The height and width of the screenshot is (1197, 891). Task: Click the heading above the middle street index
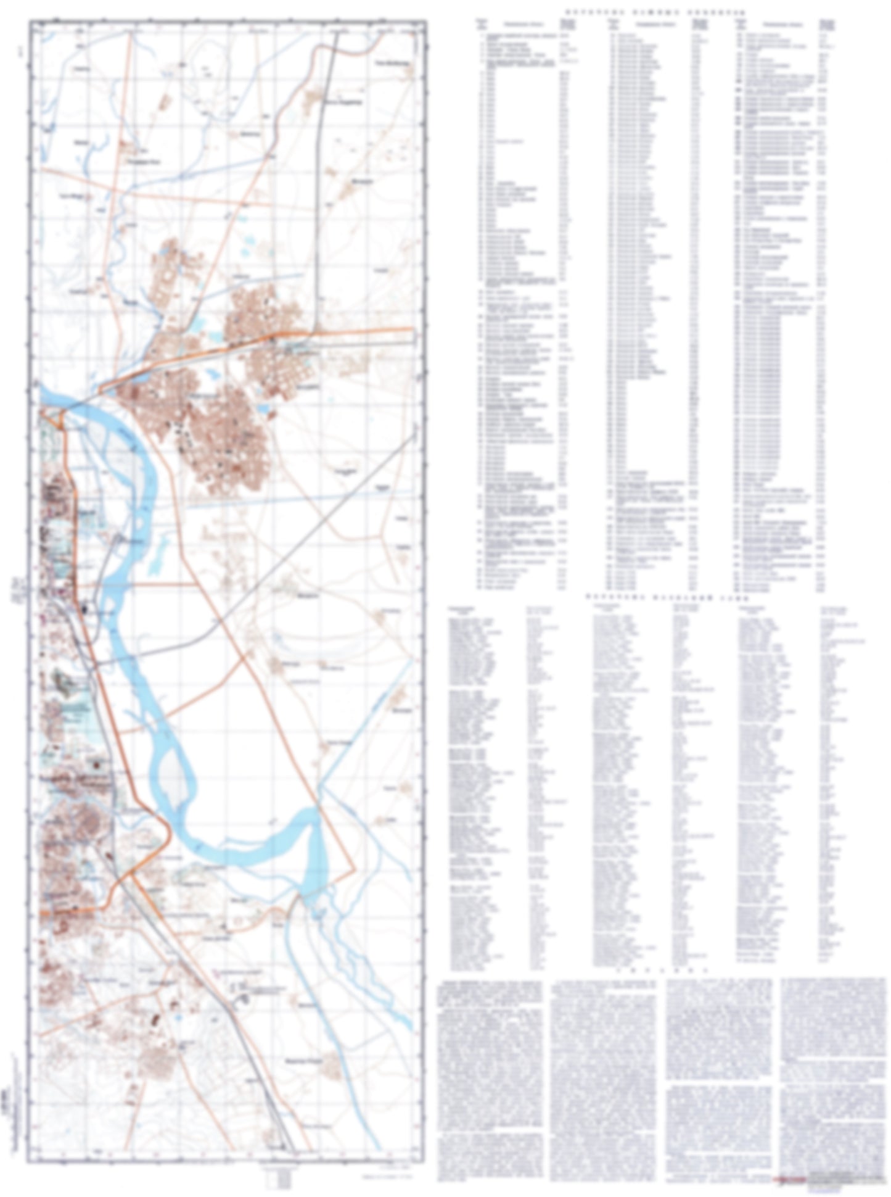click(x=667, y=598)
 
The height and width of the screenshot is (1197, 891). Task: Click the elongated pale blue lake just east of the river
click(x=158, y=552)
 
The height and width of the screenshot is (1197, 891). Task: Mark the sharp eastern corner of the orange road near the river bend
click(x=355, y=869)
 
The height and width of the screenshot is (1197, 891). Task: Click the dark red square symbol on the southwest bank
click(x=96, y=764)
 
